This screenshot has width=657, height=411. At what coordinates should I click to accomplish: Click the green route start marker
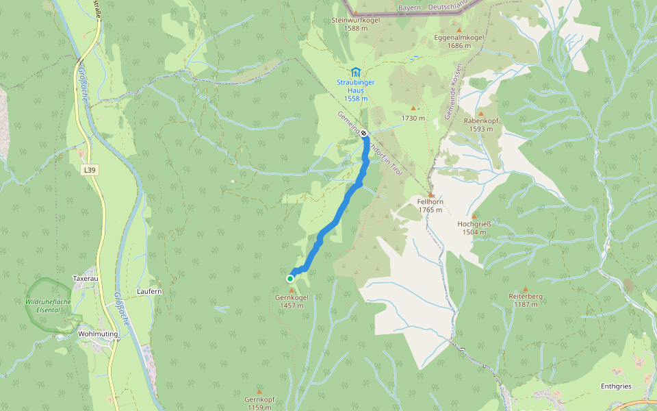pyautogui.click(x=290, y=279)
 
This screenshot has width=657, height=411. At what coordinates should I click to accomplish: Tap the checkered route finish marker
pyautogui.click(x=364, y=134)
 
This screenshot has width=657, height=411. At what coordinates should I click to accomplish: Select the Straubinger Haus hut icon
pyautogui.click(x=355, y=72)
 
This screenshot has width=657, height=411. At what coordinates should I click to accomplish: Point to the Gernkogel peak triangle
pyautogui.click(x=292, y=290)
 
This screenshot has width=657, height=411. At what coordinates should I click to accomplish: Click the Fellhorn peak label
pyautogui.click(x=431, y=206)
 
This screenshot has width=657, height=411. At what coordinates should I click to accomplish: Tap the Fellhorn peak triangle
pyautogui.click(x=431, y=195)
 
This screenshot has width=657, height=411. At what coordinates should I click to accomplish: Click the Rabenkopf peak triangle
pyautogui.click(x=480, y=114)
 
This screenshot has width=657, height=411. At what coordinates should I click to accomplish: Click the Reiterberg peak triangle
pyautogui.click(x=526, y=289)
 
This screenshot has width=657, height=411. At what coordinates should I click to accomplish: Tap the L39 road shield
pyautogui.click(x=88, y=170)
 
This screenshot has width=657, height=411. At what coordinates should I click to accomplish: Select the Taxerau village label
pyautogui.click(x=86, y=279)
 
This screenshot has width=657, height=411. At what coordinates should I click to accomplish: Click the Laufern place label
pyautogui.click(x=149, y=292)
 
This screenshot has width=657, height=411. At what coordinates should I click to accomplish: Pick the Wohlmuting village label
pyautogui.click(x=99, y=334)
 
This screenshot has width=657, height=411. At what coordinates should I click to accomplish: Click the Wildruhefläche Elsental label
pyautogui.click(x=49, y=306)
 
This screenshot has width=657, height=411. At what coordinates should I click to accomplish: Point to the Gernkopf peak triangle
pyautogui.click(x=259, y=391)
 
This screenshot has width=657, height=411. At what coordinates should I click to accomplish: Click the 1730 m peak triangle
pyautogui.click(x=413, y=108)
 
